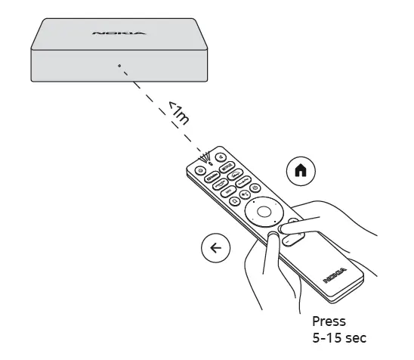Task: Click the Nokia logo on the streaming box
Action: (x=110, y=33)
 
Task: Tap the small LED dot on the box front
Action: (x=119, y=65)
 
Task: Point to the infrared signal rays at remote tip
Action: (x=204, y=157)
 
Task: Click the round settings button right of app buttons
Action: (x=255, y=188)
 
